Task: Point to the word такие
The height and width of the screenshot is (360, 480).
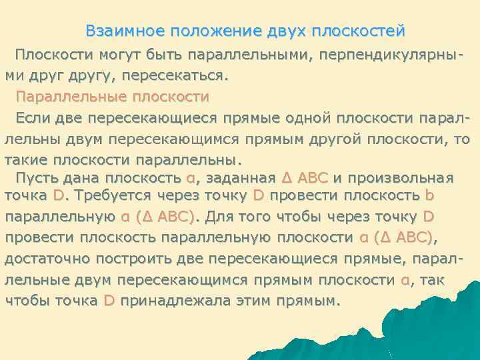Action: [x=26, y=160]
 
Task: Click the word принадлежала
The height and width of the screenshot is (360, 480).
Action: [x=171, y=301]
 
